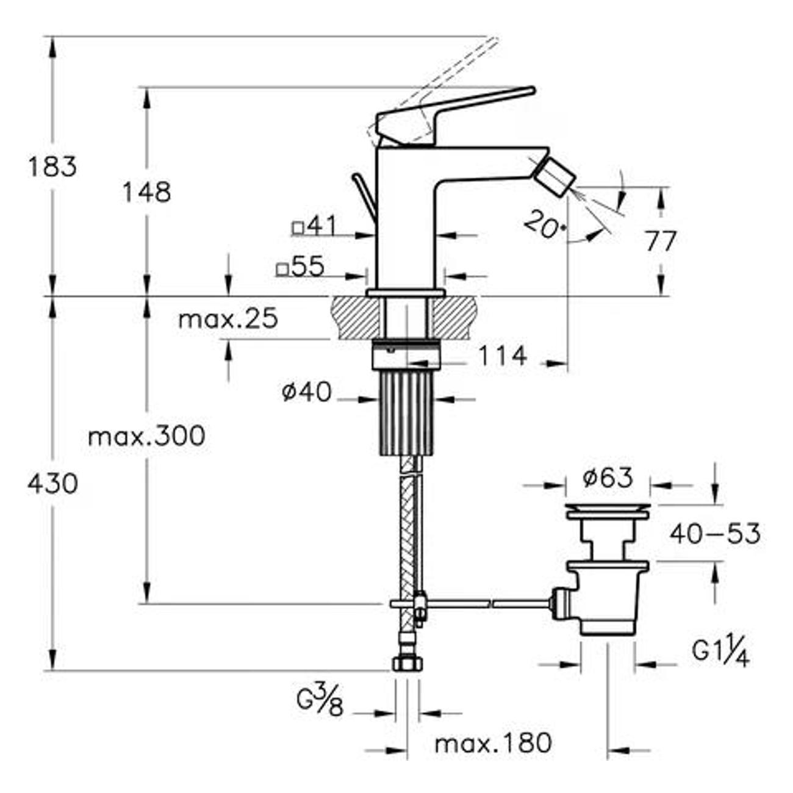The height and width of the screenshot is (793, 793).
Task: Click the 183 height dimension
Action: tap(52, 167)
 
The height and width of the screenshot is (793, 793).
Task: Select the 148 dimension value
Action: tap(146, 192)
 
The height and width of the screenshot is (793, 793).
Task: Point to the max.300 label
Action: tap(146, 436)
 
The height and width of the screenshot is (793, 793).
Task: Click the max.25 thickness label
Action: tap(228, 318)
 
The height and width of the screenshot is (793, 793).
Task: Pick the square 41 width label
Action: tap(314, 227)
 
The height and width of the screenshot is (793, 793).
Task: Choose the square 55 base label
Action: tap(300, 267)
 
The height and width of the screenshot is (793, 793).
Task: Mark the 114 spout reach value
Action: tap(501, 356)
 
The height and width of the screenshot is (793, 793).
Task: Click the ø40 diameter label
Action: tap(307, 392)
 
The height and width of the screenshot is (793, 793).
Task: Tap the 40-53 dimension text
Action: tap(715, 534)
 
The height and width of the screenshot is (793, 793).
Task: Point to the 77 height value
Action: tap(661, 242)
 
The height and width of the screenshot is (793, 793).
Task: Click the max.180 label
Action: tap(493, 743)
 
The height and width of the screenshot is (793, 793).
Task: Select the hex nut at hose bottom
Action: tap(405, 664)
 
